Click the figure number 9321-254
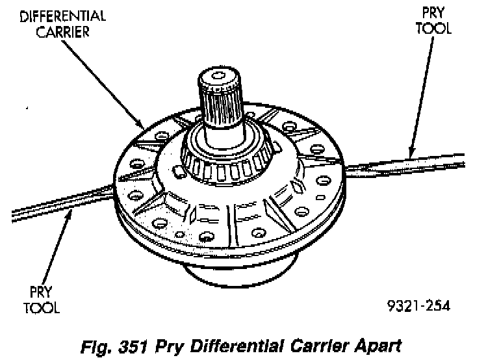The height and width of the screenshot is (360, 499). click(416, 304)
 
